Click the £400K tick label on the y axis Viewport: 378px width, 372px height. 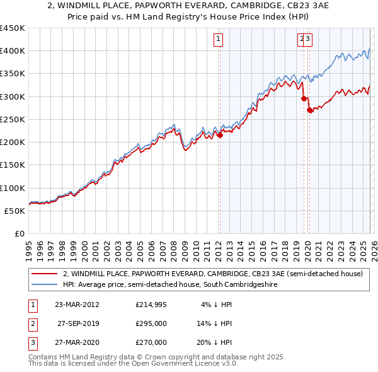pyautogui.click(x=13, y=51)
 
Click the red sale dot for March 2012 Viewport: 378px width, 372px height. pyautogui.click(x=220, y=135)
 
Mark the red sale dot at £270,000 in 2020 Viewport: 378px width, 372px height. pyautogui.click(x=309, y=110)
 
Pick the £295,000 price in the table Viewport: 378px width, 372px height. pyautogui.click(x=151, y=324)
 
